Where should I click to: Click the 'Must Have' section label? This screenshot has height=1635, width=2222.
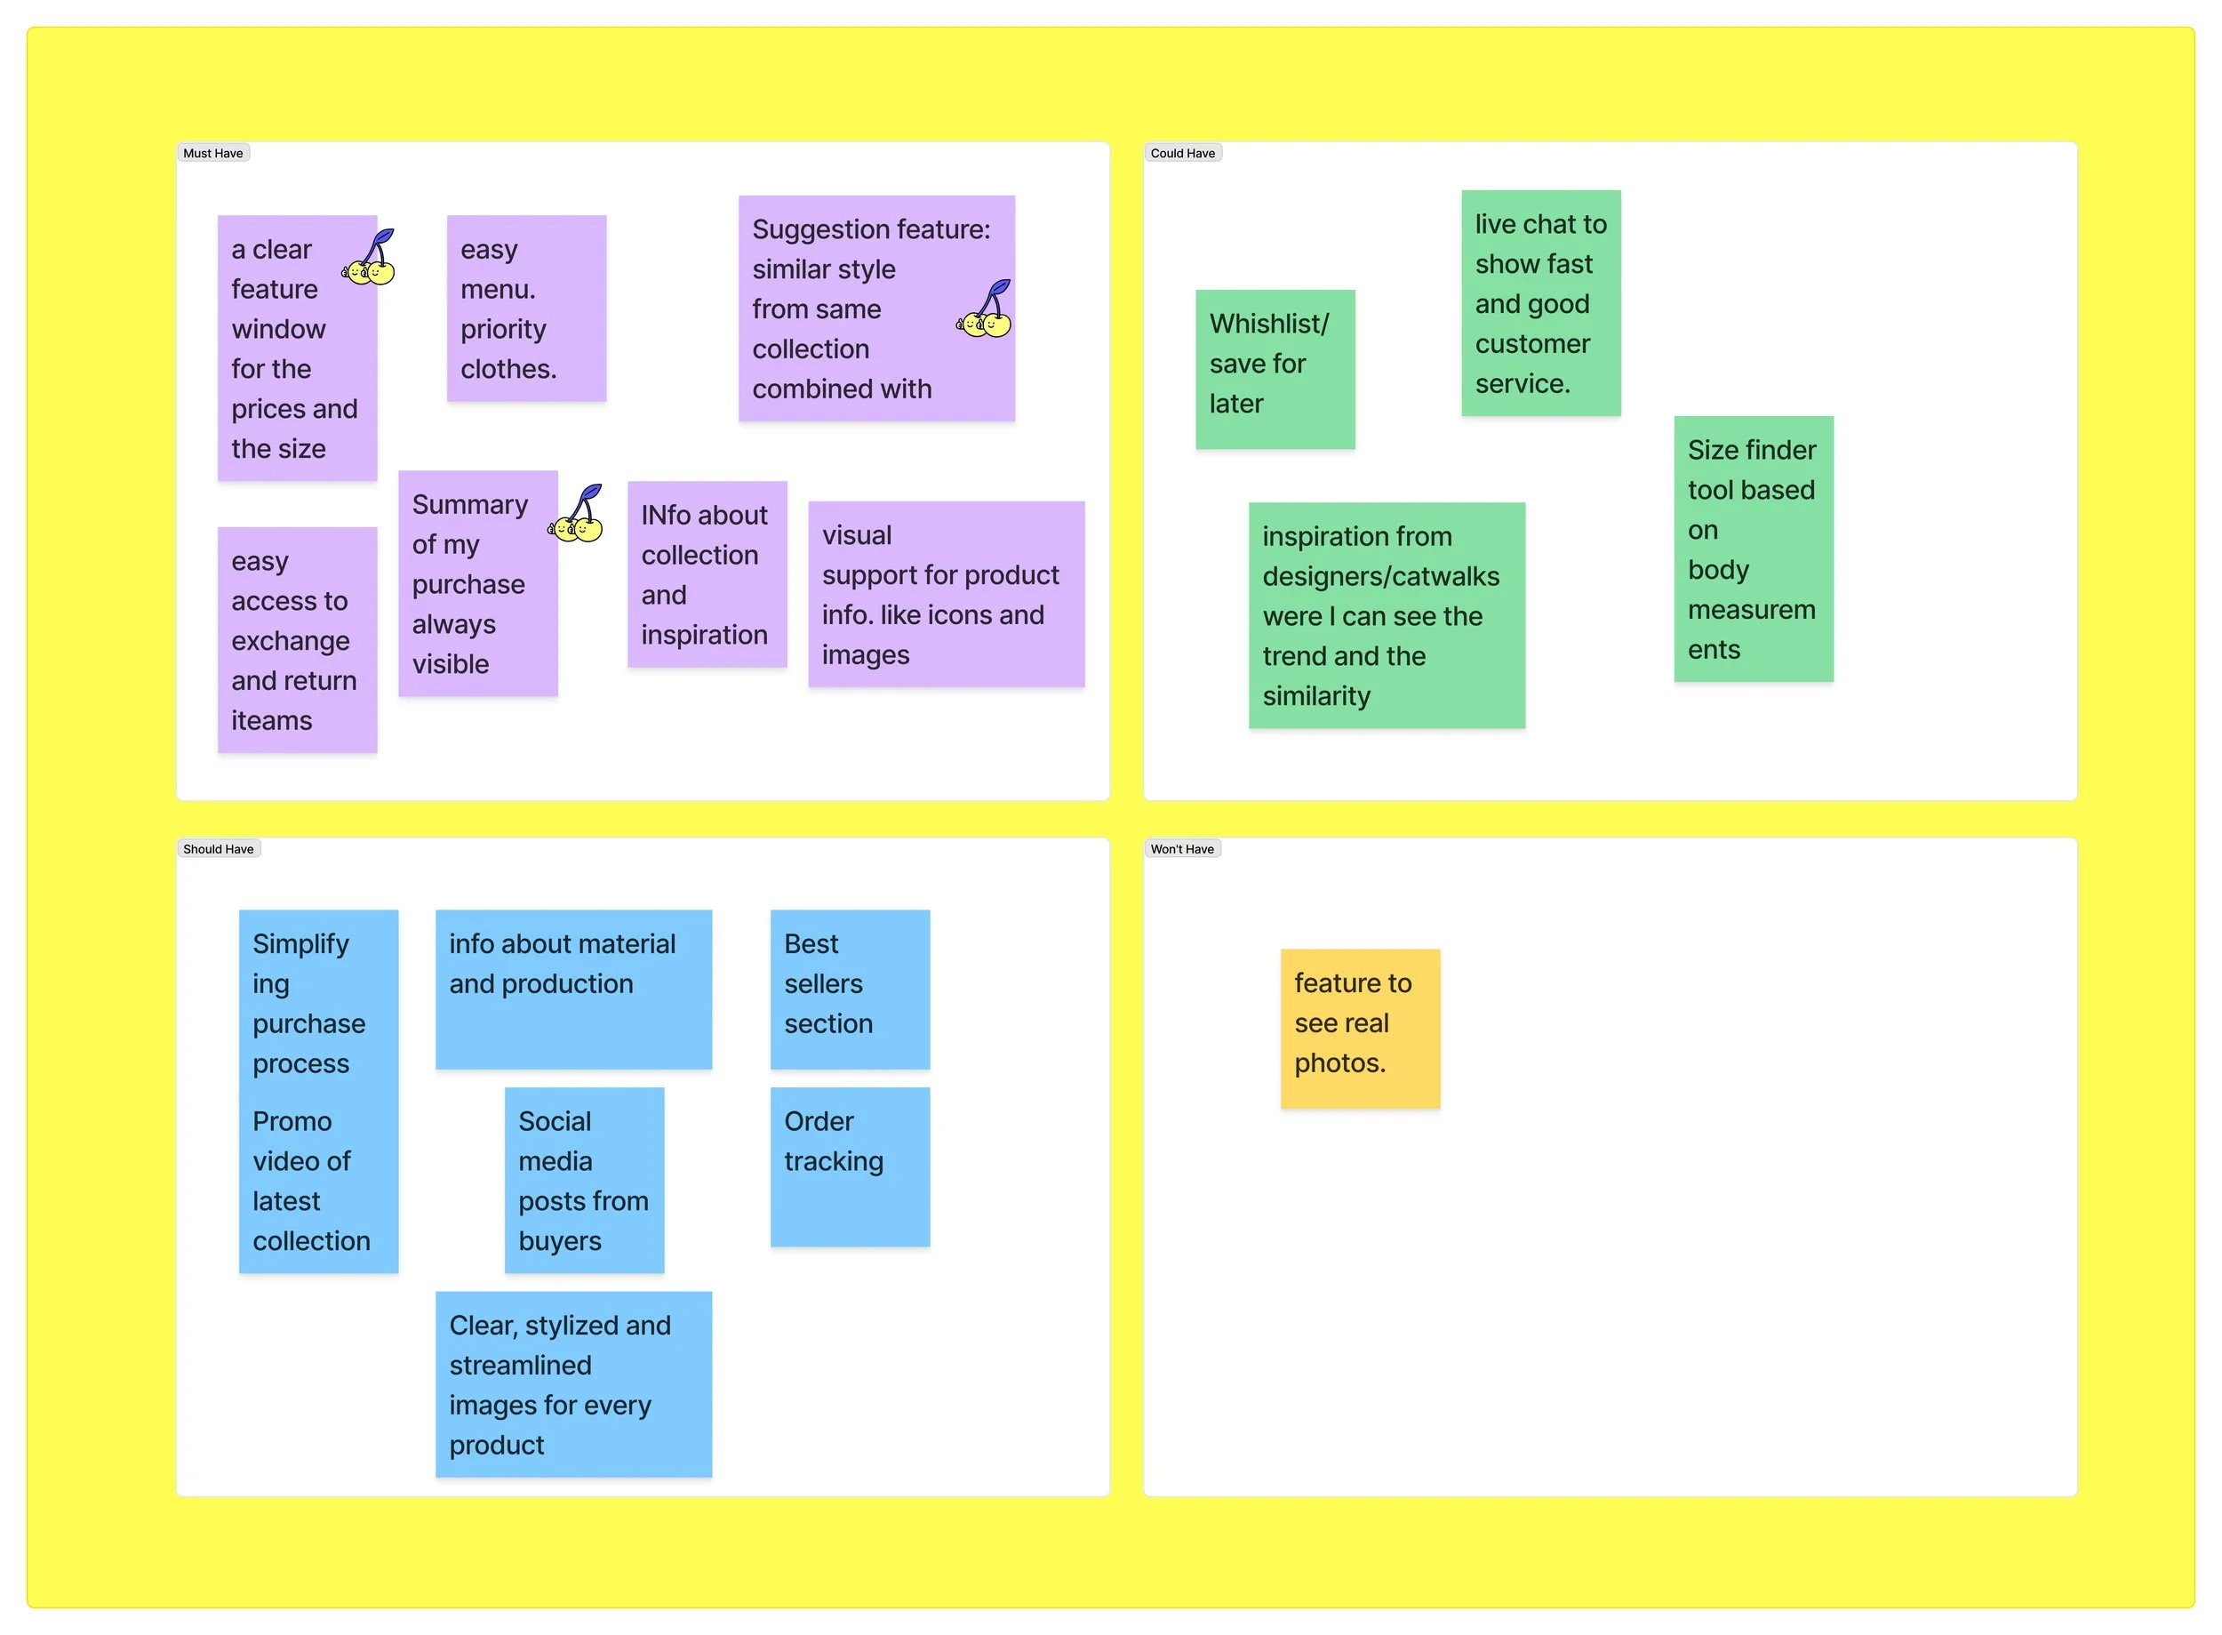click(212, 154)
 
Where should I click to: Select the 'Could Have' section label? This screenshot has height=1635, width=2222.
click(1182, 154)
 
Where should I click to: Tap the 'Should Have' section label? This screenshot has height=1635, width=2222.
click(218, 849)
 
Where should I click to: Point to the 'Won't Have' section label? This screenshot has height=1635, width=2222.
click(1182, 849)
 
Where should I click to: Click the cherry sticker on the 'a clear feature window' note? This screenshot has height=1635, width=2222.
click(370, 260)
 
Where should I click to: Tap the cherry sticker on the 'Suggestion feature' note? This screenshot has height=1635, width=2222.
click(986, 311)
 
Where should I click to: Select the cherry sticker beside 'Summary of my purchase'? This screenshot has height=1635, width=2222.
click(577, 516)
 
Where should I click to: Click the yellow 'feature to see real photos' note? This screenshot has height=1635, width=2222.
click(1360, 1029)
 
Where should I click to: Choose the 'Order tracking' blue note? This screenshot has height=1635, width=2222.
click(850, 1168)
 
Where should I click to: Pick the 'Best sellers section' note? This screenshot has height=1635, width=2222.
click(850, 989)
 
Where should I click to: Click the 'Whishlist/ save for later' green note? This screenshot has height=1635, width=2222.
click(1275, 369)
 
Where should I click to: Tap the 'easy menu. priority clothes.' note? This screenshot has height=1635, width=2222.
click(526, 309)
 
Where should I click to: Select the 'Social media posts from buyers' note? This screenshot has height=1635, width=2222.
click(584, 1180)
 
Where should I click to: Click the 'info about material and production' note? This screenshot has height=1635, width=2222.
click(574, 989)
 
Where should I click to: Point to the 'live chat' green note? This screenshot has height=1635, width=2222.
click(1540, 303)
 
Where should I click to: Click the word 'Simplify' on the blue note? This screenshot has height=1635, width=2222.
click(300, 944)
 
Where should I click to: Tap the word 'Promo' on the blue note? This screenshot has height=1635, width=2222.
click(292, 1121)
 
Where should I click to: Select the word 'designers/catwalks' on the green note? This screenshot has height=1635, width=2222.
click(1380, 576)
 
